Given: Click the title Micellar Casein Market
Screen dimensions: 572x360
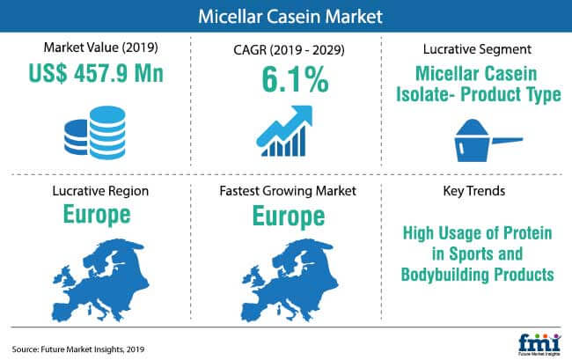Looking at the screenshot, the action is click(x=290, y=17).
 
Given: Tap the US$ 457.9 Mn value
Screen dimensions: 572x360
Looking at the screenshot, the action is click(x=96, y=73).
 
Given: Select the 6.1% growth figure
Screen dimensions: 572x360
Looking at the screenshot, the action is click(x=295, y=79).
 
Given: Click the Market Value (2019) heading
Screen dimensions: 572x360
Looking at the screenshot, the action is click(x=100, y=48).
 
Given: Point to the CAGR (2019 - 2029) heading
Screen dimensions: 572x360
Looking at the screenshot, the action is click(x=289, y=49).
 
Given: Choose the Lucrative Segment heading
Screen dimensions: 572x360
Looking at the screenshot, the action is click(x=477, y=49).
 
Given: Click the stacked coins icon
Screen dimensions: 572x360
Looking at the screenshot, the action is click(x=96, y=132).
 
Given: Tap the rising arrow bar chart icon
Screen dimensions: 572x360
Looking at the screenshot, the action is click(x=284, y=131).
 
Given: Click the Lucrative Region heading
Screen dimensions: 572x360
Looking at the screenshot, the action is click(x=100, y=191).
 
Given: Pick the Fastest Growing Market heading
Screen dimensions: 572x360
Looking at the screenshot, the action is click(x=288, y=191).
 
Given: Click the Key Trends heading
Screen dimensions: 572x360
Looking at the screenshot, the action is click(x=473, y=191).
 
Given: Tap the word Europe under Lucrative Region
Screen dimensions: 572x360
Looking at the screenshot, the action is click(x=97, y=215).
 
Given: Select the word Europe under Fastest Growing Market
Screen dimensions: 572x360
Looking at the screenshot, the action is click(x=289, y=217).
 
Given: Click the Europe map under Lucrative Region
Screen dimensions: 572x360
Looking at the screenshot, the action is click(x=100, y=280).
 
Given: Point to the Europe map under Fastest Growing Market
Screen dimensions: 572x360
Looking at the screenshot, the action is click(x=290, y=280).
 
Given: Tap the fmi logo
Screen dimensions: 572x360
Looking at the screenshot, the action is click(x=539, y=344).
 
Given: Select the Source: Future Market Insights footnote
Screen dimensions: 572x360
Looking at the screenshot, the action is click(x=78, y=349).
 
